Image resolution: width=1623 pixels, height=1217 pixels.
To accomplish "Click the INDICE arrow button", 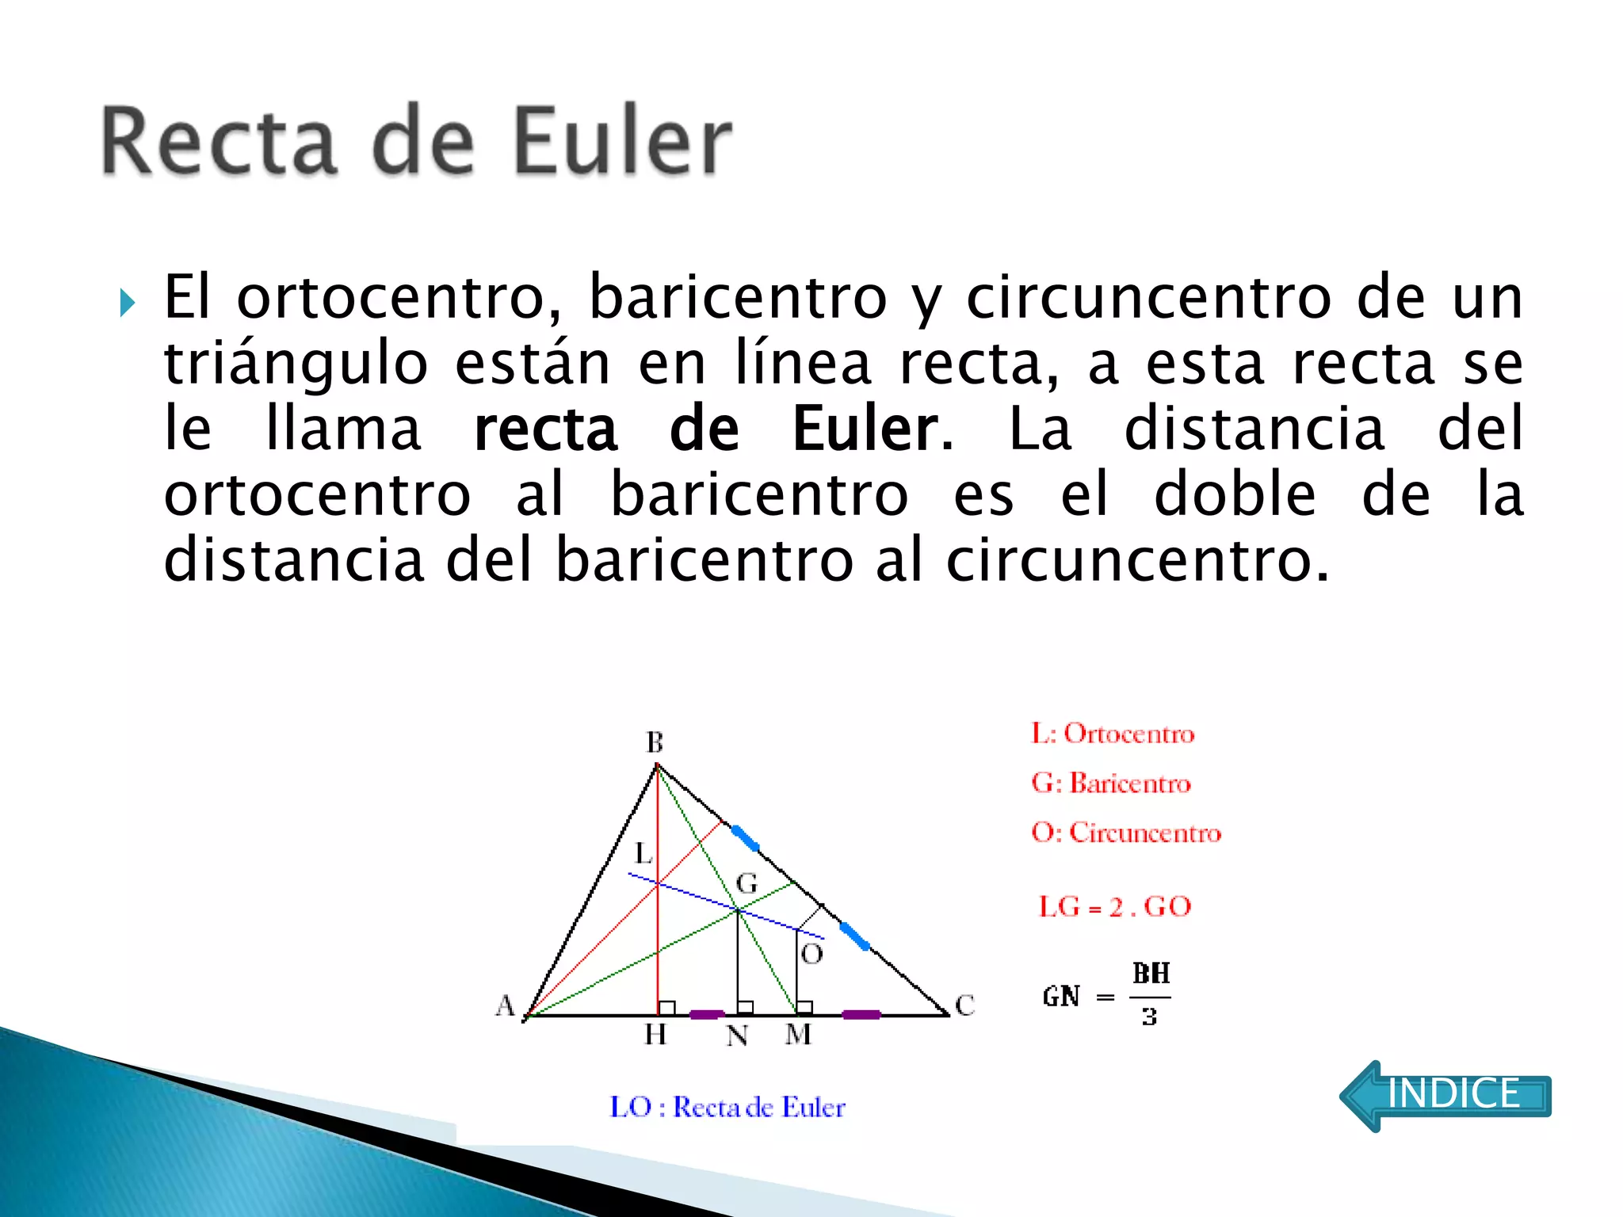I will pos(1445,1095).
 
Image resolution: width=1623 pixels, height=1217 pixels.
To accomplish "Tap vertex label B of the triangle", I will pos(655,742).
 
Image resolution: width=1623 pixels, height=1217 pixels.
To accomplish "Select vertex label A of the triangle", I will pos(505,1005).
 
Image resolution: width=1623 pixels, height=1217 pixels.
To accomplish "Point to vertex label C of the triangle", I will pos(964,1005).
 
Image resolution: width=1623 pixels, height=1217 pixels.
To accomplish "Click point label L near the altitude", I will pos(643,854).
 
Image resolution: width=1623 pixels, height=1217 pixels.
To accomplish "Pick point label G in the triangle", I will pos(747,883).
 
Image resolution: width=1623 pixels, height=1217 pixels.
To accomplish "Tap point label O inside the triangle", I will pos(811,954).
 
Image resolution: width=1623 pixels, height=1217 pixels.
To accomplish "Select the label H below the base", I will pos(655,1034).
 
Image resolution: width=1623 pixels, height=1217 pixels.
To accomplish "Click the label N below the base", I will pos(737,1036).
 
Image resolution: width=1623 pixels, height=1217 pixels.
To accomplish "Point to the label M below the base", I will pos(798,1034).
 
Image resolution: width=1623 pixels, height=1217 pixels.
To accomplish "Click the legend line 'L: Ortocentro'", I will pos(1113,734).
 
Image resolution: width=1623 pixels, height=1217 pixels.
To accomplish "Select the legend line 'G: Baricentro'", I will pos(1111,783).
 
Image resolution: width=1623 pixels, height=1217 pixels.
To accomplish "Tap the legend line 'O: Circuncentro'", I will pos(1126,833).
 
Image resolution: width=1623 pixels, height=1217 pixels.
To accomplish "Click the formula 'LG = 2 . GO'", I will pos(1115,906).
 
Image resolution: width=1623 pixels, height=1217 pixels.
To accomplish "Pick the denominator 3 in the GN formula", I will pos(1149,1017).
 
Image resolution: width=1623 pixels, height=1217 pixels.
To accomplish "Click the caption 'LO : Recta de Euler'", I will pos(727,1107).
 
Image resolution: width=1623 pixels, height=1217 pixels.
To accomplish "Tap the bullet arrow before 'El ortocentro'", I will pos(127,303).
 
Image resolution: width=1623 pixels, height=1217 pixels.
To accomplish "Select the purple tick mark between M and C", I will pos(861,1014).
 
